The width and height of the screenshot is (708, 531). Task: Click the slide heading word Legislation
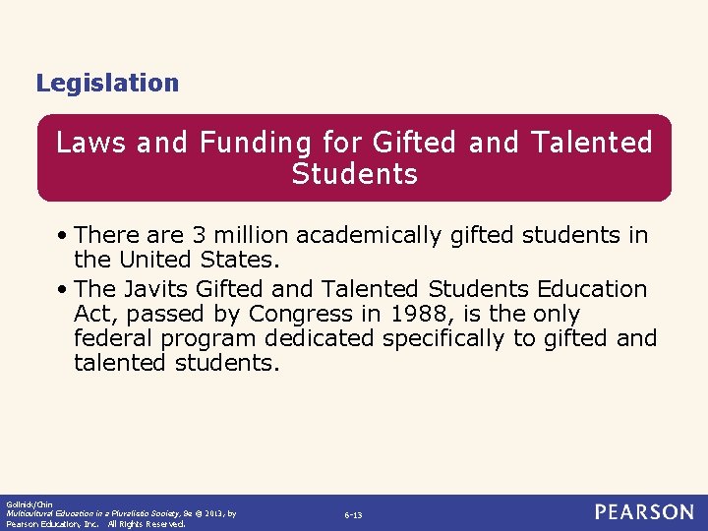coord(107,84)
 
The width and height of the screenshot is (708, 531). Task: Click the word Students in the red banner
coord(354,175)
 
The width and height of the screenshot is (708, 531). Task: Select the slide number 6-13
coord(353,515)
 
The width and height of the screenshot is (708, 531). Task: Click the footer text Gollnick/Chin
coord(27,503)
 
